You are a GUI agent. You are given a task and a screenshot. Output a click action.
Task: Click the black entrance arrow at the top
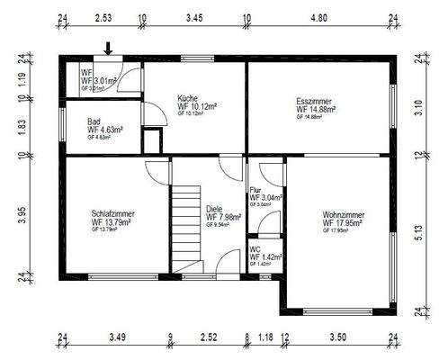pyautogui.click(x=109, y=48)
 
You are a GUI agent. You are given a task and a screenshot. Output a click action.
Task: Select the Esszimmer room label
pyautogui.click(x=315, y=102)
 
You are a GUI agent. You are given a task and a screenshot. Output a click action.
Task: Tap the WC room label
pyautogui.click(x=255, y=250)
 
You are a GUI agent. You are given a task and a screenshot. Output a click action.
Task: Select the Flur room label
pyautogui.click(x=256, y=190)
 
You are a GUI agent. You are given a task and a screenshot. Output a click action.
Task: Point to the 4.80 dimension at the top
pyautogui.click(x=319, y=17)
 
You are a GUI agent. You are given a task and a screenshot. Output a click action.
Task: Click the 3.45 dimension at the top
pyautogui.click(x=194, y=17)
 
